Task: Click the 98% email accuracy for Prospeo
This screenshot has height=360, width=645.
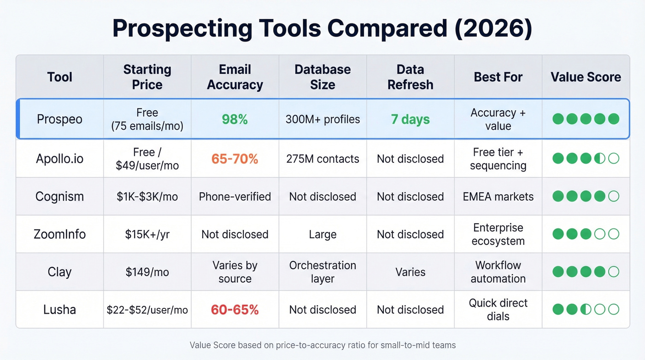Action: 235,119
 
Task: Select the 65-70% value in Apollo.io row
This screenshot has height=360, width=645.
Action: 235,159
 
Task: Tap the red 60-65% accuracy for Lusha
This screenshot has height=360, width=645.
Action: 235,310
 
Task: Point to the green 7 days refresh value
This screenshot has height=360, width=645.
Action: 410,119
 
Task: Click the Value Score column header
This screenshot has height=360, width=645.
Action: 586,77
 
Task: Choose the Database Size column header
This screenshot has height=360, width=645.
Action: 322,77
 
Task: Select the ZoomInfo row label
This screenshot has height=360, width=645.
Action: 59,234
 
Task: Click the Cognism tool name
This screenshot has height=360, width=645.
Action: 59,196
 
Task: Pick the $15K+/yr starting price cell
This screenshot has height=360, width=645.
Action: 147,234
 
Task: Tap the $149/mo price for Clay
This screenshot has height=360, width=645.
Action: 147,272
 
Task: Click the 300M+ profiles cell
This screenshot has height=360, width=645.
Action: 322,119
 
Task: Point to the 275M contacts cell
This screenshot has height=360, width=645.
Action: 322,159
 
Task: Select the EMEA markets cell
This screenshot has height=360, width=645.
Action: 498,196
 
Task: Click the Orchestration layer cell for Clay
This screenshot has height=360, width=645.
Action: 322,272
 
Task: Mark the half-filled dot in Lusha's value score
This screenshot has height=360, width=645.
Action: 586,309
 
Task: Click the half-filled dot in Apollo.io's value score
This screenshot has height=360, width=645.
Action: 599,159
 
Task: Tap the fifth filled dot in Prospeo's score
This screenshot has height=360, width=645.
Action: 613,119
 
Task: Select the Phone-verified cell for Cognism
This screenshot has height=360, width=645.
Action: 235,196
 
